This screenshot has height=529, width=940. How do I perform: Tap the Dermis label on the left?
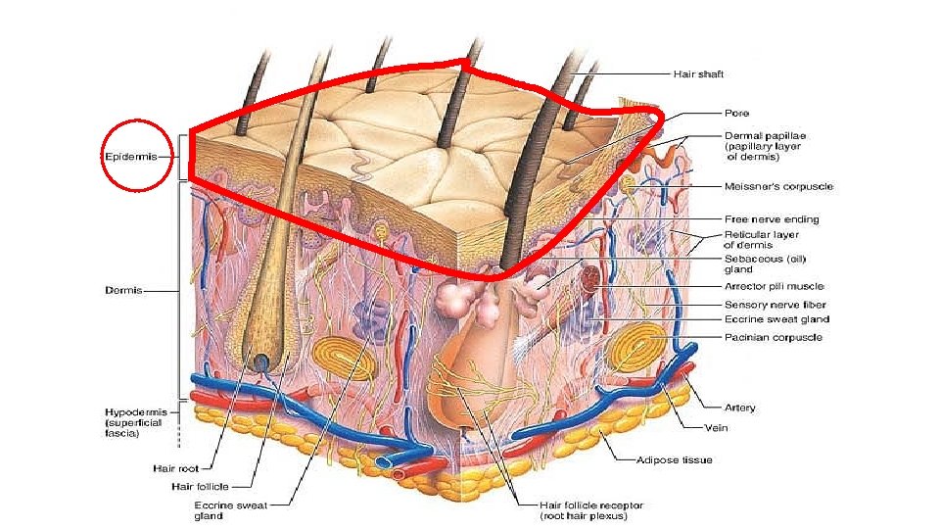coord(124,291)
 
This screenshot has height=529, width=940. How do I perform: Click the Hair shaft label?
coord(698,73)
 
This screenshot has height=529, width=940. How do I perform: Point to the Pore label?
coord(736,114)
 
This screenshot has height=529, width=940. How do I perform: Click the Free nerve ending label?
coord(772,219)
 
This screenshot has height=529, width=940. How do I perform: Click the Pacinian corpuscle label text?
coord(773,337)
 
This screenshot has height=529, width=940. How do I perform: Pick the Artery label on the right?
coord(739,408)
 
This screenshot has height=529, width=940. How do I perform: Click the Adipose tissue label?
coord(675,459)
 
